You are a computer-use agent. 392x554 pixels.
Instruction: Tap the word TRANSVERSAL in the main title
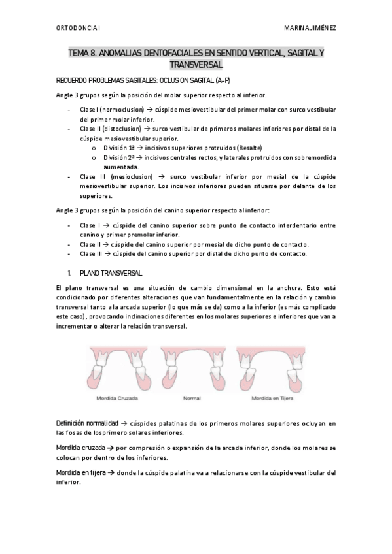[x=196, y=64]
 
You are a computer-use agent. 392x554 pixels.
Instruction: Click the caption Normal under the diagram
[x=192, y=397]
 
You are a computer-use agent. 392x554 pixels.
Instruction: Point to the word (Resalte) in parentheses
[x=250, y=148]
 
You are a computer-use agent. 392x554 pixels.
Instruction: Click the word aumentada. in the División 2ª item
[x=116, y=167]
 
